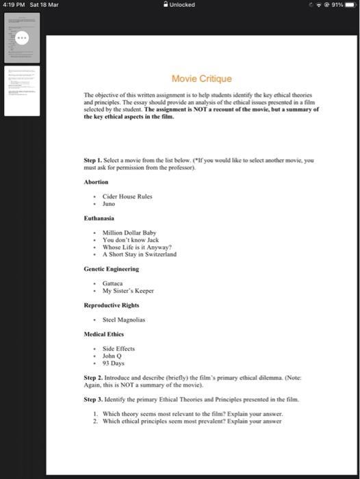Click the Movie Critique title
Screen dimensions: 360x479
[201, 79]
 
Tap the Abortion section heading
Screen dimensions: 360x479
[96, 182]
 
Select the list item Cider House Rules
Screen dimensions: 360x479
[127, 196]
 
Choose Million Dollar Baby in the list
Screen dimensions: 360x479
[129, 233]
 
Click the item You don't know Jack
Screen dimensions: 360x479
[130, 240]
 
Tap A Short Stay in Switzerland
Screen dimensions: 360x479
[139, 254]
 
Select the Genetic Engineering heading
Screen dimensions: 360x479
[111, 269]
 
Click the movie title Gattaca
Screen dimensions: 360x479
[113, 283]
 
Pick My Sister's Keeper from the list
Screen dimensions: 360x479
[128, 291]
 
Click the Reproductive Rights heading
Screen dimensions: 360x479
[111, 305]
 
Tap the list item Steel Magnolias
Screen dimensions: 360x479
[125, 320]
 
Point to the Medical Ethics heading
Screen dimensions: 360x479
[105, 335]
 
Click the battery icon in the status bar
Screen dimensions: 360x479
[348, 5]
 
